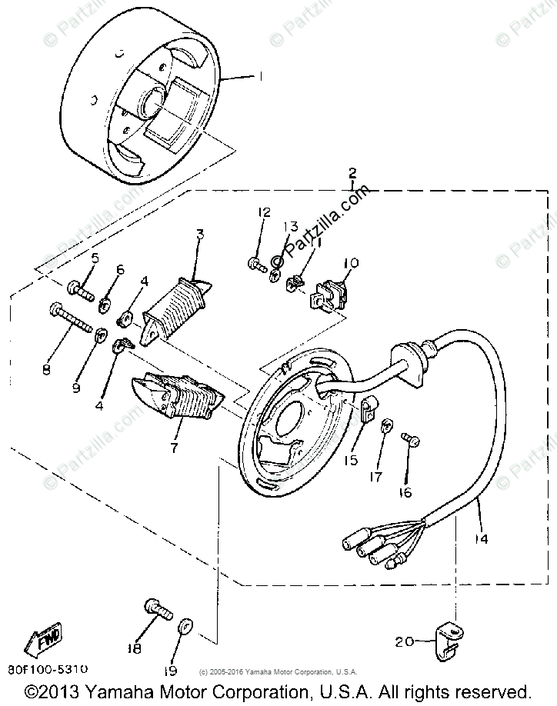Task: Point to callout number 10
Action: (x=351, y=263)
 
